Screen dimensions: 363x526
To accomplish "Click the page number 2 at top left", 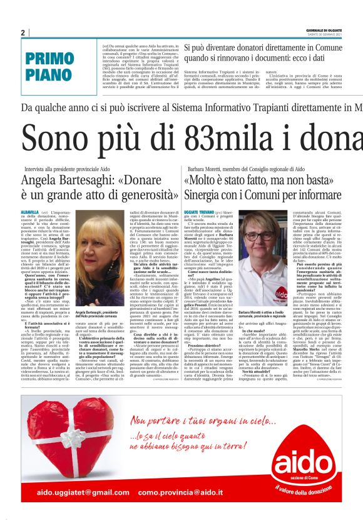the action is click(23, 33).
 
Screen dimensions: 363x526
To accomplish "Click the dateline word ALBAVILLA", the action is click(29, 212).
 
